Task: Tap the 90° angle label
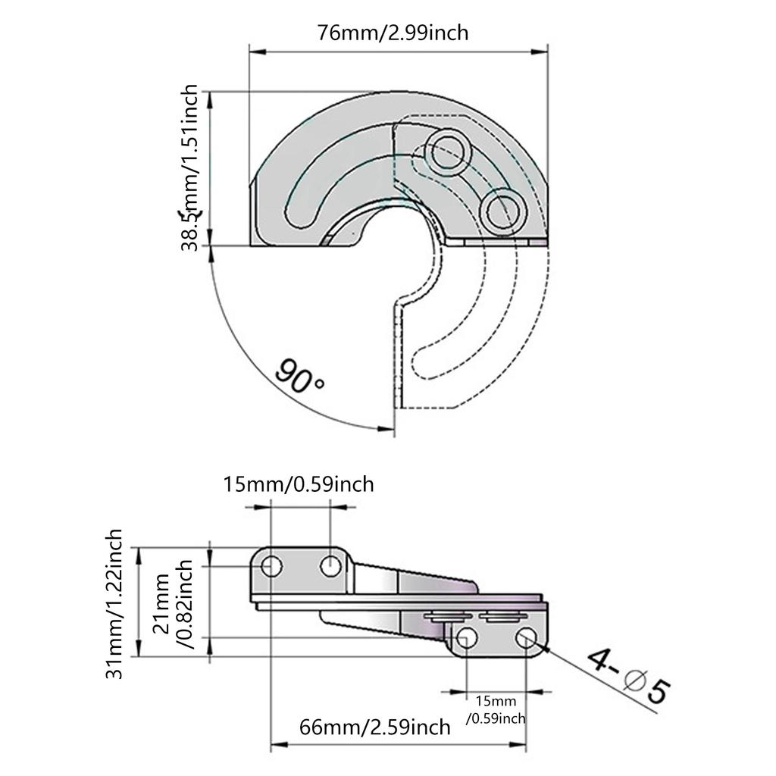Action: (x=299, y=376)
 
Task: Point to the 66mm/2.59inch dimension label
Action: (x=375, y=727)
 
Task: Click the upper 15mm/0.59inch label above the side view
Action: (x=299, y=483)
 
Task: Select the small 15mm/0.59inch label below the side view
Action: (x=496, y=709)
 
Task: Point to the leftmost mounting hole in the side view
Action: (x=272, y=565)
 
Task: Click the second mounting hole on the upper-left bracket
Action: (x=330, y=565)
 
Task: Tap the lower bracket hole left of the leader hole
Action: (x=468, y=639)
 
